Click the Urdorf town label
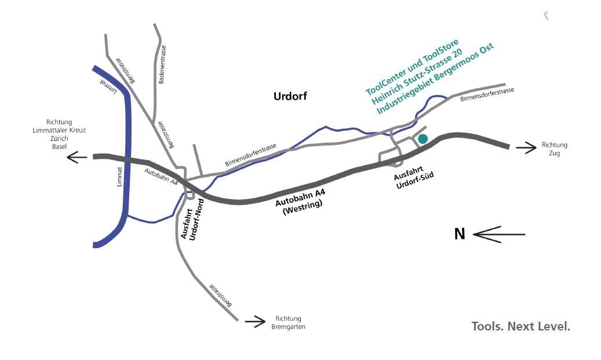point(290,96)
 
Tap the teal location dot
point(422,139)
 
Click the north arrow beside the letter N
point(498,234)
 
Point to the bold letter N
point(460,234)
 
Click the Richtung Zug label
point(554,149)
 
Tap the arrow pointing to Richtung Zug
point(526,148)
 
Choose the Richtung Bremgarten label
point(288,323)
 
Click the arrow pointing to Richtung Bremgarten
point(255,321)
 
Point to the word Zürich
point(59,139)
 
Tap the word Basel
point(59,147)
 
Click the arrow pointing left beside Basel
point(77,157)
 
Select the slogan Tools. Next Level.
point(520,326)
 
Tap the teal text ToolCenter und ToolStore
point(412,67)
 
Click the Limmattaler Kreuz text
point(59,130)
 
